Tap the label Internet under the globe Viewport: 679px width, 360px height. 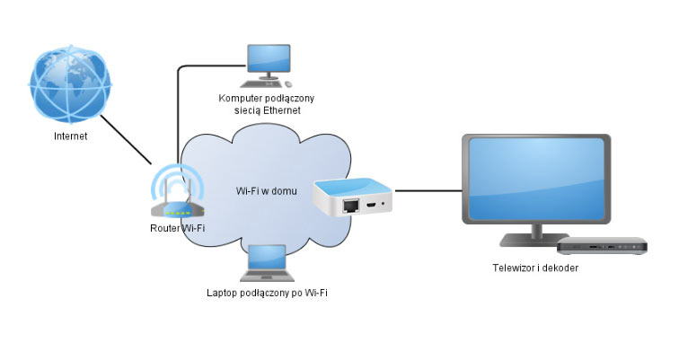(x=72, y=137)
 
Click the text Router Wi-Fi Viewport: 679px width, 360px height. (x=178, y=228)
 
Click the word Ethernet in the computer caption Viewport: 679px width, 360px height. (x=279, y=110)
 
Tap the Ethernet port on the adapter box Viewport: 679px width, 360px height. (x=349, y=206)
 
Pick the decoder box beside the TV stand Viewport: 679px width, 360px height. (x=601, y=244)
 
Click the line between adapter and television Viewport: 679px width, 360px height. (x=428, y=189)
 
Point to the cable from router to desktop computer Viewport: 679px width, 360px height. (x=179, y=108)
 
